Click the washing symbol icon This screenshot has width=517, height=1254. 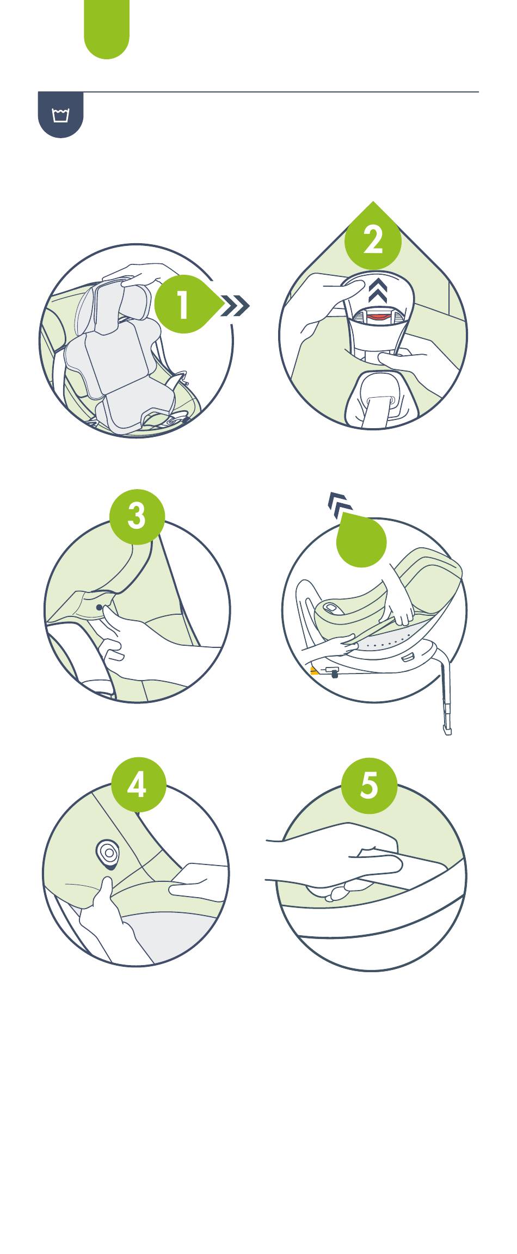(x=60, y=115)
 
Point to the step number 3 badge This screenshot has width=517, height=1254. (x=137, y=516)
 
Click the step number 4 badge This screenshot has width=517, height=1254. (x=138, y=784)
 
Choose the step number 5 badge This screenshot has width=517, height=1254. (x=369, y=786)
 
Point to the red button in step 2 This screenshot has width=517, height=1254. (x=378, y=316)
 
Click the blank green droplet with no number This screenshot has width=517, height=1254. (x=361, y=540)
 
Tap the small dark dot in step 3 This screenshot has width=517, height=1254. (x=99, y=607)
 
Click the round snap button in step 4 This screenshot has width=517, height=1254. (x=109, y=853)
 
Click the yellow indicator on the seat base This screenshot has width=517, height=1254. (x=314, y=671)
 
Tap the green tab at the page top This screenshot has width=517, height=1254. (x=107, y=28)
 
